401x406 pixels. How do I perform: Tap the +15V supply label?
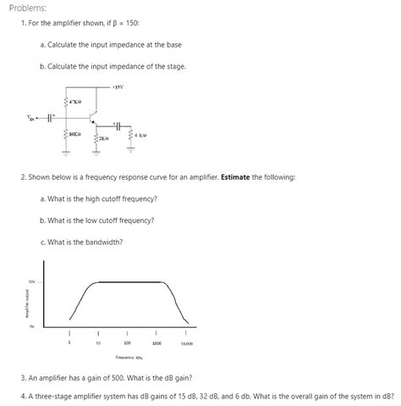119,88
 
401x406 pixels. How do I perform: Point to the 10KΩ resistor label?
75,133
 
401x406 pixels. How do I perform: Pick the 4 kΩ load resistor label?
140,135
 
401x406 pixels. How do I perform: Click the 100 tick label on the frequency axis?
127,343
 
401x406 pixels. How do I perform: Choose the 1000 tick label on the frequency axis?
157,343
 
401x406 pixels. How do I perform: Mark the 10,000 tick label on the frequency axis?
186,343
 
